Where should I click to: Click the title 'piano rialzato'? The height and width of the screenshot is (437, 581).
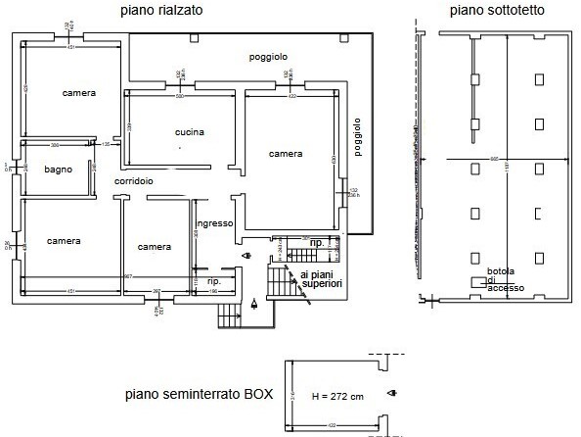click(x=162, y=11)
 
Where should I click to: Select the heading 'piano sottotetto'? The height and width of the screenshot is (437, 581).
click(x=498, y=11)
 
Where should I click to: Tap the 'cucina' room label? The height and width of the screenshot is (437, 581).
click(x=190, y=132)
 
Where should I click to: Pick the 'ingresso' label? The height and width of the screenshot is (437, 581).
click(x=213, y=223)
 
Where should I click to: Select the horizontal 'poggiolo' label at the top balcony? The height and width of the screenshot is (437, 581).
click(x=267, y=57)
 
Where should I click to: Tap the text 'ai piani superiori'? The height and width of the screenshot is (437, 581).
click(x=321, y=279)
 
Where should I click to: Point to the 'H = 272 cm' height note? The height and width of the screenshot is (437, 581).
click(x=337, y=398)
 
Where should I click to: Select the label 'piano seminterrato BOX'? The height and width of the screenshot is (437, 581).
click(x=199, y=396)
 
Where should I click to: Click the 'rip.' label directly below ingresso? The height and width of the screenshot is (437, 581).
click(x=213, y=281)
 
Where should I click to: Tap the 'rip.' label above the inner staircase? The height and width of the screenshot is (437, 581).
click(x=316, y=242)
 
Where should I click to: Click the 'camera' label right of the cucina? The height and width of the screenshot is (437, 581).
click(x=286, y=154)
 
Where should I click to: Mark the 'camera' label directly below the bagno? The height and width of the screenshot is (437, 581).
click(x=63, y=241)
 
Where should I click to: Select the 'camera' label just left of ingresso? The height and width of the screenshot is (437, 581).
click(x=155, y=246)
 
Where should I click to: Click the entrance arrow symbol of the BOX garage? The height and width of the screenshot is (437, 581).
click(x=391, y=394)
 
